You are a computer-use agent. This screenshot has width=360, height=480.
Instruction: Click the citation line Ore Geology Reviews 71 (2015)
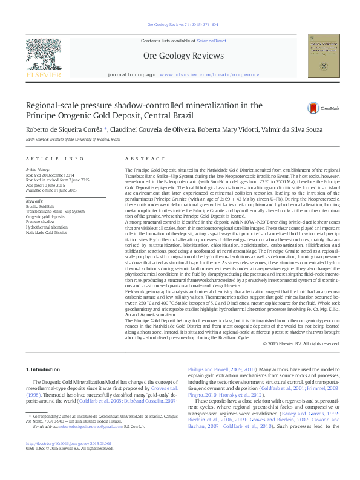pyautogui.click(x=180, y=25)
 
